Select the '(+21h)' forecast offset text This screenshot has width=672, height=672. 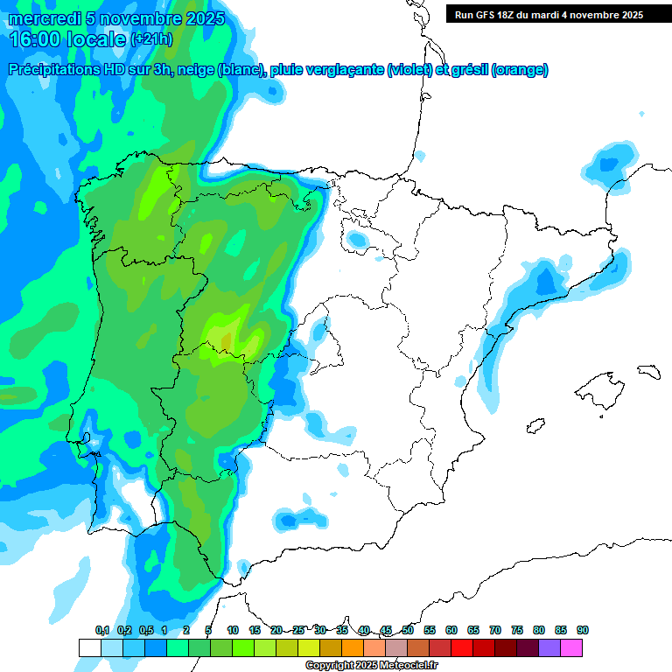151,39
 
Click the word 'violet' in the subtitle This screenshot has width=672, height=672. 408,70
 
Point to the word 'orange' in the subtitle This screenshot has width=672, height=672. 520,70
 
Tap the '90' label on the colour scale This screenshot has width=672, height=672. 582,630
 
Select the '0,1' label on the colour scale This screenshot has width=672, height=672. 102,630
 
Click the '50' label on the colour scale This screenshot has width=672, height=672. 408,630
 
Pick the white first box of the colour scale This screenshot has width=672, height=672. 89,647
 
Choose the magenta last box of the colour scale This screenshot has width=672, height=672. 571,647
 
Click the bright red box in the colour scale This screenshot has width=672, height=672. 462,647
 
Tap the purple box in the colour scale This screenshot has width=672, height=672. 549,647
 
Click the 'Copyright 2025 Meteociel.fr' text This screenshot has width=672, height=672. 371,666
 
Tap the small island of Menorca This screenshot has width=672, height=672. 647,371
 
